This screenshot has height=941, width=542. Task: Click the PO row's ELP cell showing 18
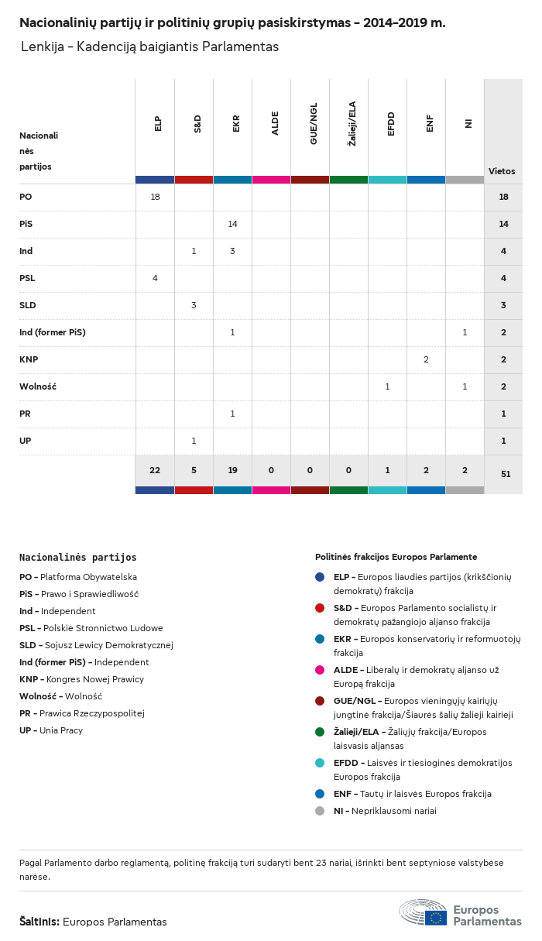[155, 197]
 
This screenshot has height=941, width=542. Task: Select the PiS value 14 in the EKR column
[232, 224]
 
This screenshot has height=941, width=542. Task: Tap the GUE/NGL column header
[314, 127]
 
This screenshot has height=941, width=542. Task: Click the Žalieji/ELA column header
[352, 127]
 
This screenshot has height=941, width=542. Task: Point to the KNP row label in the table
[29, 359]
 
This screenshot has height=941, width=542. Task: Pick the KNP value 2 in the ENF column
[426, 359]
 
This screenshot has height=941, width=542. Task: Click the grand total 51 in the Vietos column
[503, 473]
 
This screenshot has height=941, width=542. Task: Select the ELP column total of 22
[155, 470]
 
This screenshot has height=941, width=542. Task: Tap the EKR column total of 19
[232, 470]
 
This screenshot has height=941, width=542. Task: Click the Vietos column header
[502, 171]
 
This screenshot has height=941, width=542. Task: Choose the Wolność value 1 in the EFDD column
[387, 386]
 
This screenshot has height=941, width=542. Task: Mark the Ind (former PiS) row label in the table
[53, 332]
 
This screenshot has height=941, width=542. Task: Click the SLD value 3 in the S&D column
[194, 305]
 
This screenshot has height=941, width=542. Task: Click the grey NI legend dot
[320, 811]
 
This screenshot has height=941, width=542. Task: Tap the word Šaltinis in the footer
[39, 922]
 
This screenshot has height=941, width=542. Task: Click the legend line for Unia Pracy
[51, 730]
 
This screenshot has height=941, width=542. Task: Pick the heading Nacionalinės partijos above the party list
[77, 558]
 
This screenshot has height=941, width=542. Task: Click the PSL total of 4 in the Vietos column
[503, 278]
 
